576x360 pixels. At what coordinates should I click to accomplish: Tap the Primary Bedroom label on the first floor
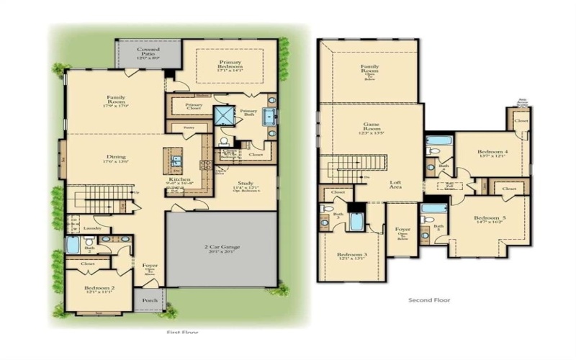230,66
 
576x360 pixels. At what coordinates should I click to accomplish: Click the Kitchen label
180,180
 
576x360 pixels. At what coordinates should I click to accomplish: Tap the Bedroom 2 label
96,289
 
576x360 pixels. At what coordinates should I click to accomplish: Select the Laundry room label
92,228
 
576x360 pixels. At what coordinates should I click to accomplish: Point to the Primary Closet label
193,107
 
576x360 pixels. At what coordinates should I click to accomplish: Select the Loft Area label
395,184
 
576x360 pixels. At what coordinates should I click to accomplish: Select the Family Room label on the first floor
117,99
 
